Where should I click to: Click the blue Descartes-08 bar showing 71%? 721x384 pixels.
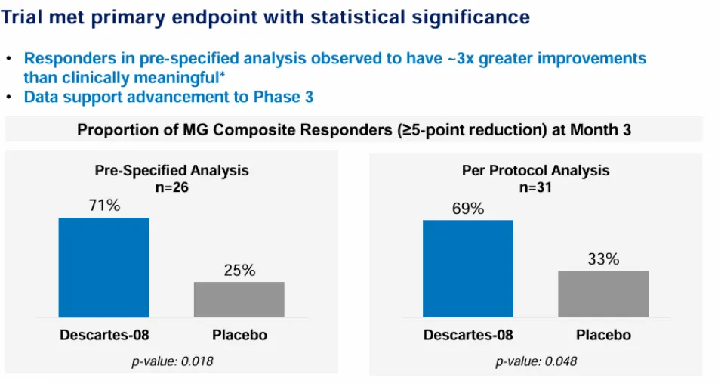[x=103, y=268]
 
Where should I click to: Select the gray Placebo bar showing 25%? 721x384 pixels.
[x=239, y=299]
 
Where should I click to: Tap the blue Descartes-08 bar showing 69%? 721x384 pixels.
[x=467, y=269]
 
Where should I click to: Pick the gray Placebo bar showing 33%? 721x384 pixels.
[x=602, y=294]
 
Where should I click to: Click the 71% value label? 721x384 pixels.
[x=103, y=206]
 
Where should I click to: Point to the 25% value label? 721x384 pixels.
[x=239, y=270]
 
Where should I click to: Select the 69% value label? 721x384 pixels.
[x=467, y=208]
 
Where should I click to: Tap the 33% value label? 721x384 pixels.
[x=603, y=259]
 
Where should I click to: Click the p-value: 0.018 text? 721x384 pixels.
[x=172, y=361]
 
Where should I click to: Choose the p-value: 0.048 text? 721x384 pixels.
[x=536, y=361]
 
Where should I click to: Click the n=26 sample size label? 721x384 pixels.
[x=171, y=186]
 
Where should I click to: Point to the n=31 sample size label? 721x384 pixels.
[x=535, y=186]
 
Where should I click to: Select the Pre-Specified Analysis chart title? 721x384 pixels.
[x=171, y=171]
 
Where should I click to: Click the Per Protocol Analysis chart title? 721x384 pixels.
[x=535, y=171]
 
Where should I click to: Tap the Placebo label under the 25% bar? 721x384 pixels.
[x=239, y=334]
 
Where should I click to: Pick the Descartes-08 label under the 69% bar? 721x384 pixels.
[x=467, y=334]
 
